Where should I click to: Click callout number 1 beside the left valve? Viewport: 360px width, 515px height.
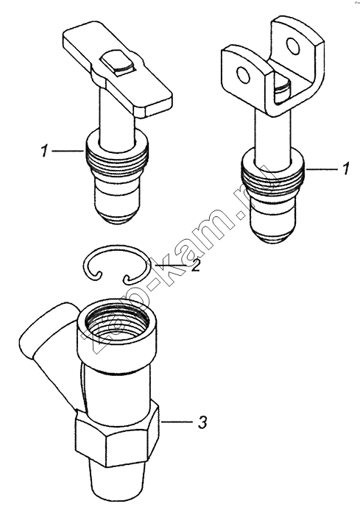pyautogui.click(x=44, y=152)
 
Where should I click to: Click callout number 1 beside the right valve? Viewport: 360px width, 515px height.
pyautogui.click(x=345, y=169)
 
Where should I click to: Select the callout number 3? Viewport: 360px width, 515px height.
pyautogui.click(x=202, y=422)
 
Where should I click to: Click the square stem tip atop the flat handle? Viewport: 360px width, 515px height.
pyautogui.click(x=118, y=62)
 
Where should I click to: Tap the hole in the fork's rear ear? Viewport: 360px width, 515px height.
pyautogui.click(x=292, y=46)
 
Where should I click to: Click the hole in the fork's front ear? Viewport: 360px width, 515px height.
pyautogui.click(x=244, y=75)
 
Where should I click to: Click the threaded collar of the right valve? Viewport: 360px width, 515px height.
pyautogui.click(x=274, y=177)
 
